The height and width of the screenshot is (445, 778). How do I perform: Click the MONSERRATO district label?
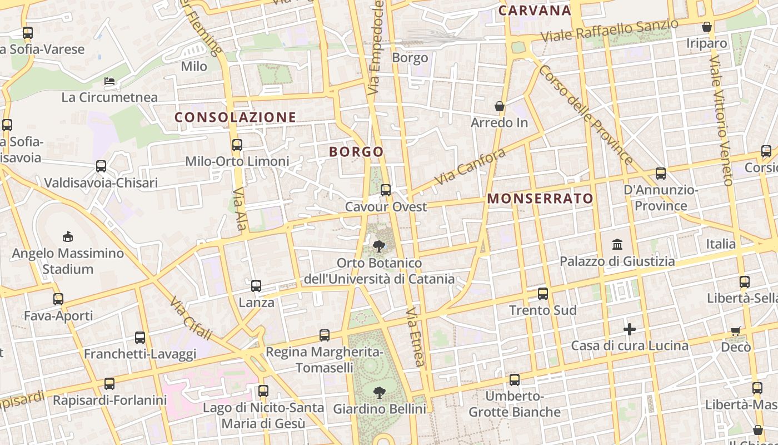(540, 199)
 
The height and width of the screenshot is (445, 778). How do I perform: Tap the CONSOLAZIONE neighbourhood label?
(235, 117)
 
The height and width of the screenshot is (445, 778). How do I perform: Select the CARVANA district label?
(535, 11)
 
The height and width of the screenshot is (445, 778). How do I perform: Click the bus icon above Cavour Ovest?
(386, 190)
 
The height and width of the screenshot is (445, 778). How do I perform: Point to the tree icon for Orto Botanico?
(380, 246)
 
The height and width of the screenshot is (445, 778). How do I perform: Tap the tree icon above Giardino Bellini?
(380, 393)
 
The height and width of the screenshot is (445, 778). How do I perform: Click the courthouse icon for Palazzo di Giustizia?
(617, 244)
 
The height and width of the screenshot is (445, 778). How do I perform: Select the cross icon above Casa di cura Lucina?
(629, 329)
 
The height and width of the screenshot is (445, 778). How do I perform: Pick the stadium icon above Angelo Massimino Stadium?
(68, 237)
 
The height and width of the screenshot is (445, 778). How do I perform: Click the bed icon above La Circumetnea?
(110, 81)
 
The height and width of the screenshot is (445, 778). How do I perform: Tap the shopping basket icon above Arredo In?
(500, 106)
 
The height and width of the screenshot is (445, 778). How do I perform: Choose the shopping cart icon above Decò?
(736, 331)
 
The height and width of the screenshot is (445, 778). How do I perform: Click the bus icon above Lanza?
(256, 286)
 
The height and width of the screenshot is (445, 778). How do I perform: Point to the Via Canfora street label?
(470, 166)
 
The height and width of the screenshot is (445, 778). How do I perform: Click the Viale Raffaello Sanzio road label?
(610, 31)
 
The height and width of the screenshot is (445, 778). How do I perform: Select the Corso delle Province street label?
(585, 115)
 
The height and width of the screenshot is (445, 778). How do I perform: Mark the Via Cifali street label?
(191, 318)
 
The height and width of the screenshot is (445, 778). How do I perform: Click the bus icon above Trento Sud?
(543, 294)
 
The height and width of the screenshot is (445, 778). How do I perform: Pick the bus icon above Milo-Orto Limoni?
(237, 145)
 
